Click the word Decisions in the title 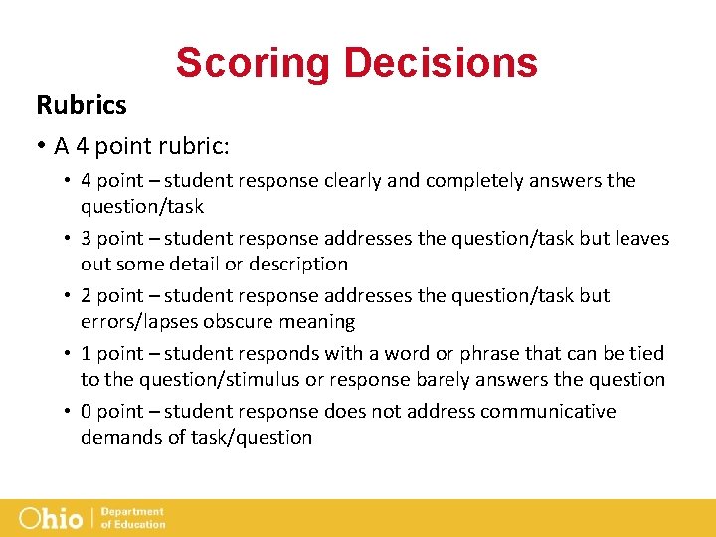(x=441, y=62)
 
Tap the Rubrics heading (x=82, y=104)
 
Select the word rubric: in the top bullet (x=194, y=146)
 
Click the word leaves (x=641, y=238)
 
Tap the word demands (x=119, y=437)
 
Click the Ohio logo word (x=53, y=518)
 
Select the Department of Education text (x=133, y=518)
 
